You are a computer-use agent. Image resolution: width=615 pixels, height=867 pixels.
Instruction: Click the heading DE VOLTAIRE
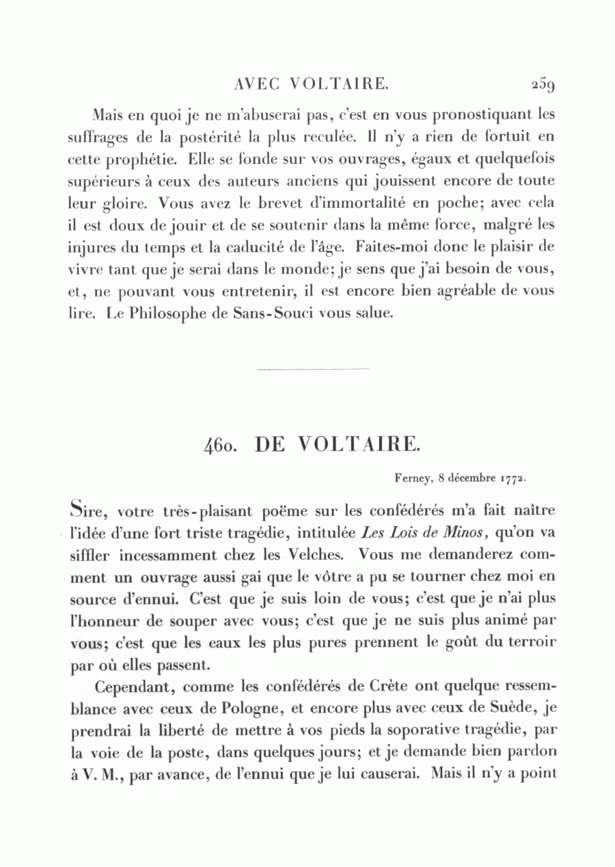click(335, 445)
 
